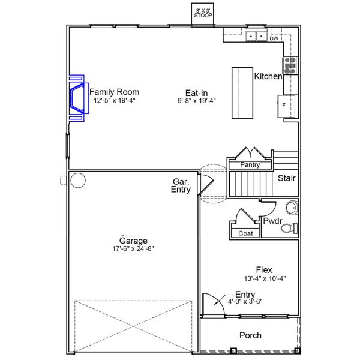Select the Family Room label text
(x=114, y=92)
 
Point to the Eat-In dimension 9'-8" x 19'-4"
(x=196, y=101)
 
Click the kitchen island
(x=242, y=92)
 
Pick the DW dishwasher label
(x=274, y=38)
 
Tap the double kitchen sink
(x=256, y=37)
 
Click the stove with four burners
(x=290, y=65)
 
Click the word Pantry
(x=250, y=164)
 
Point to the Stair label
(x=286, y=178)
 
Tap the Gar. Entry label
(x=181, y=185)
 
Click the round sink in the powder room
(x=291, y=208)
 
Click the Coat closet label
(x=245, y=233)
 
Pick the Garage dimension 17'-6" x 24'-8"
(x=133, y=249)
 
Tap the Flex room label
(x=264, y=270)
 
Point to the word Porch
(x=250, y=335)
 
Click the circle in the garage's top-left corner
(x=77, y=179)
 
